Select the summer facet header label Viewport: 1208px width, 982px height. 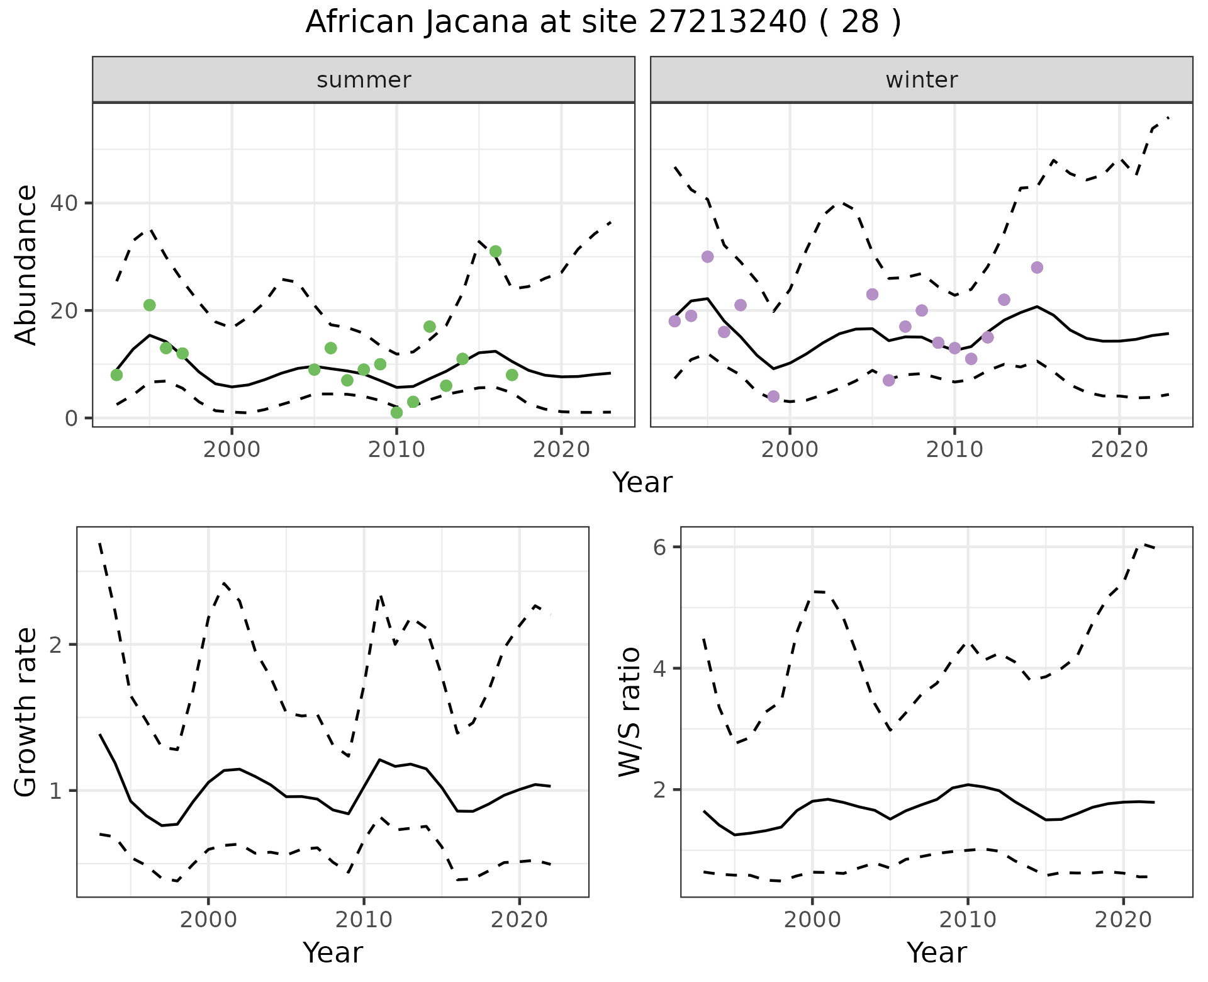(x=364, y=80)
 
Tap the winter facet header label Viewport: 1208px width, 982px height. (x=921, y=80)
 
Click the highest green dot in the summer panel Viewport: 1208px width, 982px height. (x=495, y=251)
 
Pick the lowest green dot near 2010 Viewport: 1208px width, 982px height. (x=396, y=412)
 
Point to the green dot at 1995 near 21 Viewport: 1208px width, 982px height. (x=149, y=305)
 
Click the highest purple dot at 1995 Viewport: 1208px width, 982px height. (x=707, y=257)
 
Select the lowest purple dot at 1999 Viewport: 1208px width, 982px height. (x=773, y=397)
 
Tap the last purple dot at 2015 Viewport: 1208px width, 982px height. (x=1037, y=268)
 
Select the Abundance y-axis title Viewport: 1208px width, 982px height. (x=26, y=264)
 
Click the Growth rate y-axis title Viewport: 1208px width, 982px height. (x=26, y=711)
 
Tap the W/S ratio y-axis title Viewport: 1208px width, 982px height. (x=629, y=711)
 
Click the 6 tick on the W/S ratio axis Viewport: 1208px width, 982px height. (x=659, y=547)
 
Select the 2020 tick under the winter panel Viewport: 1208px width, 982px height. (x=1119, y=449)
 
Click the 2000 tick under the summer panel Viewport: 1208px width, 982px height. (x=232, y=449)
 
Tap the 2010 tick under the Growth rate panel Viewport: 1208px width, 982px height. (x=364, y=920)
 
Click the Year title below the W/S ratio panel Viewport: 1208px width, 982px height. (x=936, y=952)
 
